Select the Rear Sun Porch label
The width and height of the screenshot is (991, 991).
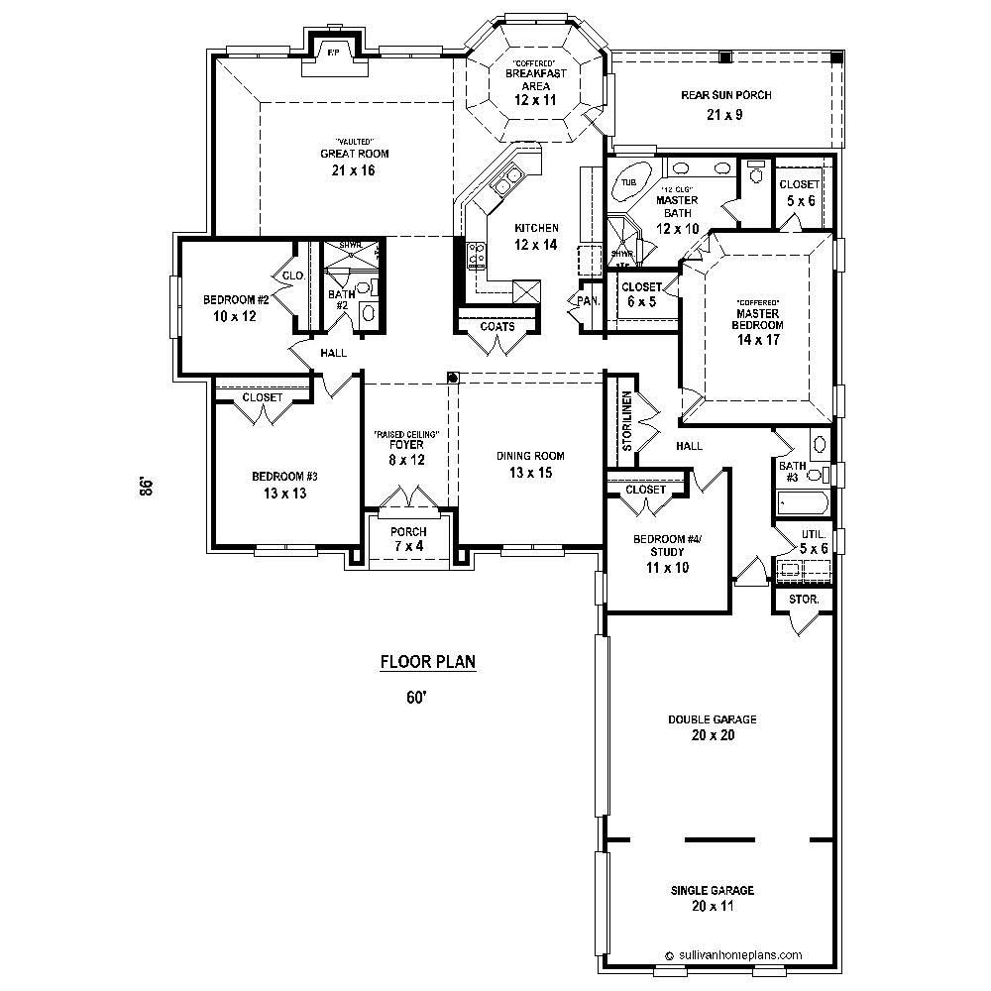(x=725, y=95)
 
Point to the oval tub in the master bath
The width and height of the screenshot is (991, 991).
(x=630, y=182)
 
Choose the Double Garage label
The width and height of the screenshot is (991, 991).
(x=713, y=719)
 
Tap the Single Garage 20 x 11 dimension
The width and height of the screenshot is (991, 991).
(x=713, y=906)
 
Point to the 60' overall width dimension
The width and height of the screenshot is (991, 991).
(x=415, y=697)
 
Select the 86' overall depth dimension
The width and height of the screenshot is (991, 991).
(x=146, y=487)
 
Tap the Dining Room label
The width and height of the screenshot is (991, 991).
(x=530, y=457)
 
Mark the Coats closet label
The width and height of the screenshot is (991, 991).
(x=496, y=326)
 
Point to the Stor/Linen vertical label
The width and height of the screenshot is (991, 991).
(x=626, y=421)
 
